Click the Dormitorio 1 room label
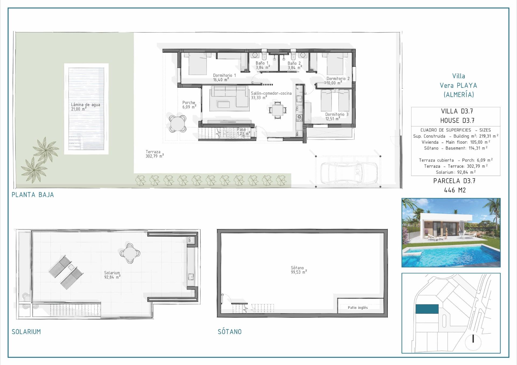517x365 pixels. point(224,77)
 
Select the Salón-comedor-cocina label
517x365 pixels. point(271,95)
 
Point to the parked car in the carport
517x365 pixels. point(349,171)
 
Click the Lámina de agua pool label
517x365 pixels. point(85,107)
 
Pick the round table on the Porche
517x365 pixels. point(178,124)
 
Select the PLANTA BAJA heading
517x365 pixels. point(33,195)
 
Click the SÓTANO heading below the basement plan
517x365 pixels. point(229,332)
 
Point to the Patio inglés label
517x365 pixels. point(358,308)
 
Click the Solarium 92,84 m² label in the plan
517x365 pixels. point(112,275)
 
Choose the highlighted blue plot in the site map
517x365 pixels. point(427,309)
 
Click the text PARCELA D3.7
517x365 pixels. point(454,181)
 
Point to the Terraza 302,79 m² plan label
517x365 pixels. point(154,154)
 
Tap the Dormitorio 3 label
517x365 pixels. point(337,116)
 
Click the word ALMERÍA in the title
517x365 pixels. point(459,94)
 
